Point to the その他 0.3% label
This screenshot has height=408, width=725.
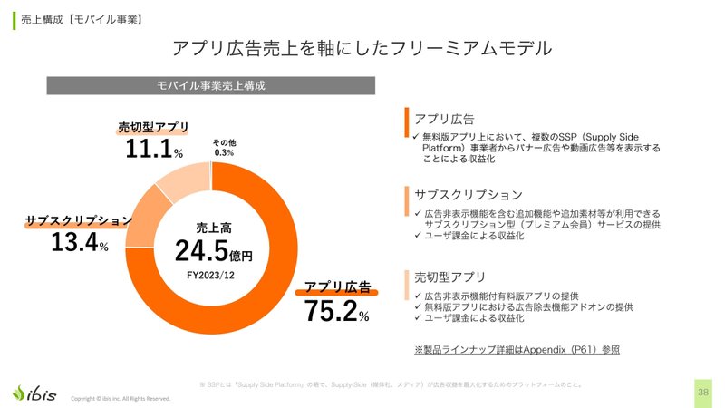click(x=224, y=148)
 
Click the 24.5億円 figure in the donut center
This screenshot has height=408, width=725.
click(x=213, y=251)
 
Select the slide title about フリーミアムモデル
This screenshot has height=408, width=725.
click(x=362, y=46)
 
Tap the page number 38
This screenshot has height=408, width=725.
click(x=703, y=392)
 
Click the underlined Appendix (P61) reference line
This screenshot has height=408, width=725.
click(x=517, y=349)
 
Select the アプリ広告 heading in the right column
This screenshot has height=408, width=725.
click(x=444, y=119)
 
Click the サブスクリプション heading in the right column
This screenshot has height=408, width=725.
click(x=468, y=195)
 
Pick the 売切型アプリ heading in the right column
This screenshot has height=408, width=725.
click(x=449, y=277)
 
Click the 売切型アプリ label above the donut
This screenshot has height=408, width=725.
click(x=153, y=126)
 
